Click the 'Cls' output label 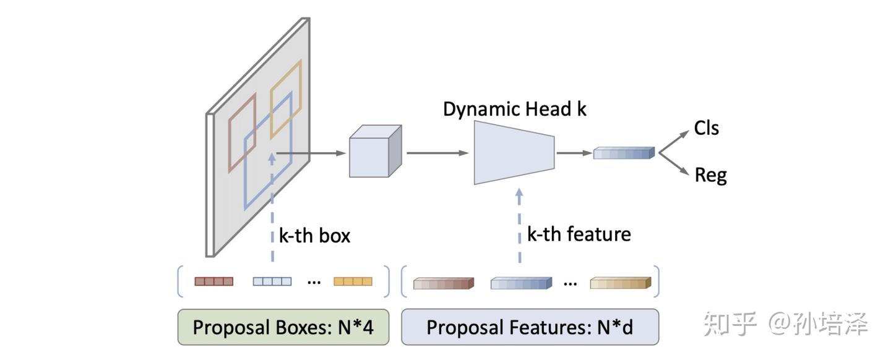click(706, 128)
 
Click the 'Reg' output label click(710, 175)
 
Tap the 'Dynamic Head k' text click(514, 109)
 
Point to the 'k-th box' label click(314, 236)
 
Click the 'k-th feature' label click(579, 234)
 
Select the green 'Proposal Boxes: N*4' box click(283, 327)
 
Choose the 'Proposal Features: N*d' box click(530, 327)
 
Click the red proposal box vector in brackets click(214, 281)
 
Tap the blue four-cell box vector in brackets click(272, 281)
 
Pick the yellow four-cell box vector click(353, 281)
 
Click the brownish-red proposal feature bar click(443, 283)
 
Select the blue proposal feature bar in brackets click(520, 283)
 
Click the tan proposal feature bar click(620, 283)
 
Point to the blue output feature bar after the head click(623, 153)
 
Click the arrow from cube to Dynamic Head click(437, 152)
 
